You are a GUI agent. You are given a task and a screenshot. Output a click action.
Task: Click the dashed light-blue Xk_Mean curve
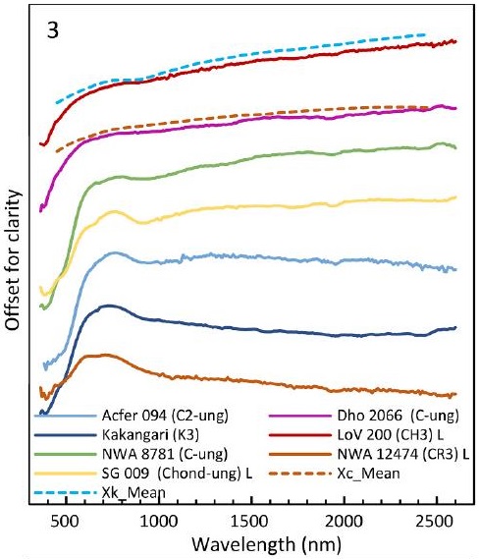pos(245,58)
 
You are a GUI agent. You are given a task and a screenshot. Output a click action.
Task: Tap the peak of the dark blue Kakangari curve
pos(109,306)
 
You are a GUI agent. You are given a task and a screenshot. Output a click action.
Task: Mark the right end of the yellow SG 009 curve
pos(454,197)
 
